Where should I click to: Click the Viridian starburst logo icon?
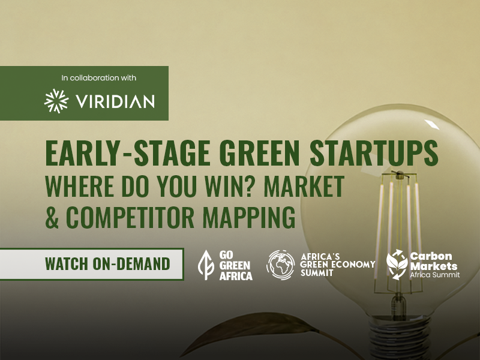click(x=56, y=101)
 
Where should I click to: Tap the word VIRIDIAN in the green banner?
click(x=115, y=101)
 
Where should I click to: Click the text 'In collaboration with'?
click(x=98, y=78)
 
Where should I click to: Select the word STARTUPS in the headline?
click(x=374, y=153)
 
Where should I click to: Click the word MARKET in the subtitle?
click(x=304, y=186)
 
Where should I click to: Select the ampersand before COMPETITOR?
click(x=52, y=217)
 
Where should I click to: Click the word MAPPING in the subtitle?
click(x=249, y=217)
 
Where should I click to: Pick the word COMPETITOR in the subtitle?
click(x=130, y=217)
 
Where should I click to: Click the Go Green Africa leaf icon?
click(x=206, y=265)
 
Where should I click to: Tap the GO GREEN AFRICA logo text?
click(x=236, y=265)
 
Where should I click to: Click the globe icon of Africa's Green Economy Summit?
click(x=280, y=265)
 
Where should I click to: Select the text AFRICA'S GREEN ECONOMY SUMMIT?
click(x=338, y=265)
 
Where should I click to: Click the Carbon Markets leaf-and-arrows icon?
click(x=397, y=265)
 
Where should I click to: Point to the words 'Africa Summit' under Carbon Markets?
click(x=434, y=275)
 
